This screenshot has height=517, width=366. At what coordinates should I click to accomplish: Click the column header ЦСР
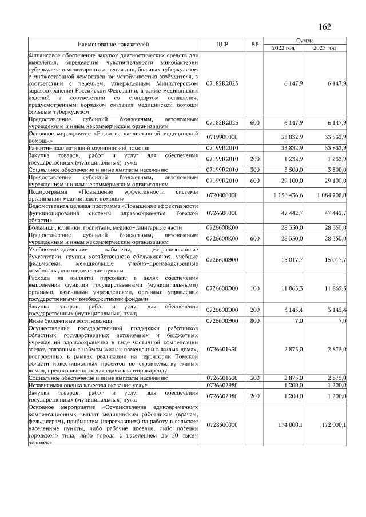222,44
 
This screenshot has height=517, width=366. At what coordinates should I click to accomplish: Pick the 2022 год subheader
283,47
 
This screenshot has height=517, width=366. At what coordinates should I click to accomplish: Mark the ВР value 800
254,322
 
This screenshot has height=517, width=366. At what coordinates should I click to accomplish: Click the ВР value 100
254,289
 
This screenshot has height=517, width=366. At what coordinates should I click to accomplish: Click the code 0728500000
222,424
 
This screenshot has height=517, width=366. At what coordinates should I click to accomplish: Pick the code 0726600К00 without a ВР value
222,227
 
